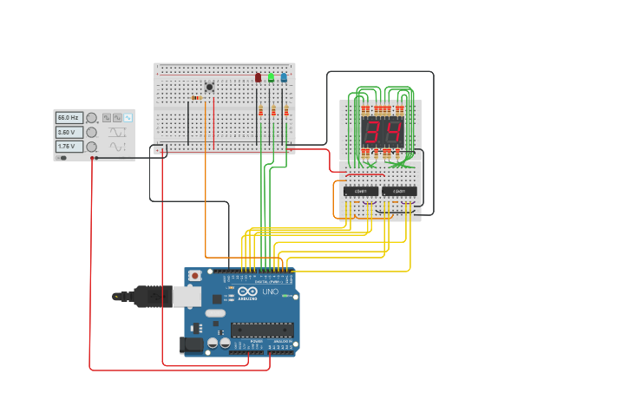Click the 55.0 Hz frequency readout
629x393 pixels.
pos(69,117)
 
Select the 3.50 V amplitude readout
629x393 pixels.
pos(69,132)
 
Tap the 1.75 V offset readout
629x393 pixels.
pos(69,147)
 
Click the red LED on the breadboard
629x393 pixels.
pos(258,78)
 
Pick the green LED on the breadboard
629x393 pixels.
pos(271,78)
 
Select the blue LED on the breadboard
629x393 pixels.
pos(284,78)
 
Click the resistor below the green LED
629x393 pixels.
pos(274,110)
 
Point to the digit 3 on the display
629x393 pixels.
pos(372,132)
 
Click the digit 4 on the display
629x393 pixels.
pos(392,132)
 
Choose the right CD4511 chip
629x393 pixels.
pos(399,191)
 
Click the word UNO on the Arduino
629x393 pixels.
pos(270,291)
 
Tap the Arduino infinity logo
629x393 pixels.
pos(247,291)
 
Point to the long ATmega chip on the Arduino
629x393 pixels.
pos(261,329)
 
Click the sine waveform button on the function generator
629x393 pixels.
pos(128,117)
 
